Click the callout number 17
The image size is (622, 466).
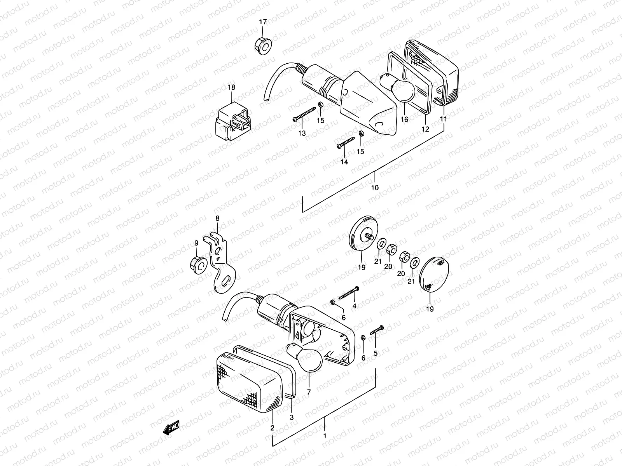click(263, 22)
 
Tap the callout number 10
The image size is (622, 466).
click(375, 188)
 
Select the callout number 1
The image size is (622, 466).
click(325, 436)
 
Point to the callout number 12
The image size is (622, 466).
click(425, 129)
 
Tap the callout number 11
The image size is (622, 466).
click(444, 120)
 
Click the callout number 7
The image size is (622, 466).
click(309, 392)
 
